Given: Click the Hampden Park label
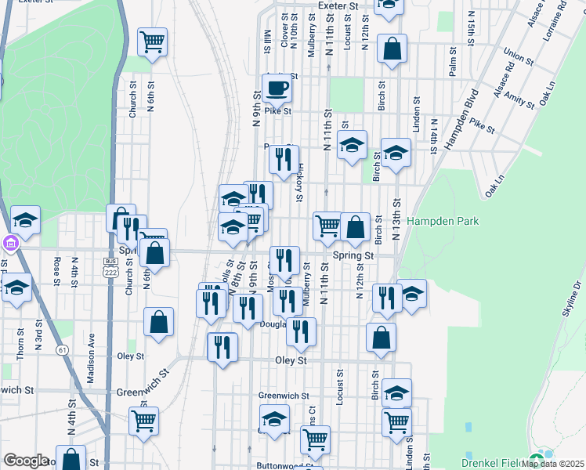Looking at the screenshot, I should [443, 222].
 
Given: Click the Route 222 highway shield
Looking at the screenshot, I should [110, 266].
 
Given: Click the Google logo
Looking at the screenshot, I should [26, 461].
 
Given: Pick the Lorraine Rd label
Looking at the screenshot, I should [554, 25].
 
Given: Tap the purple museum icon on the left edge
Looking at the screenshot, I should [9, 244].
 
